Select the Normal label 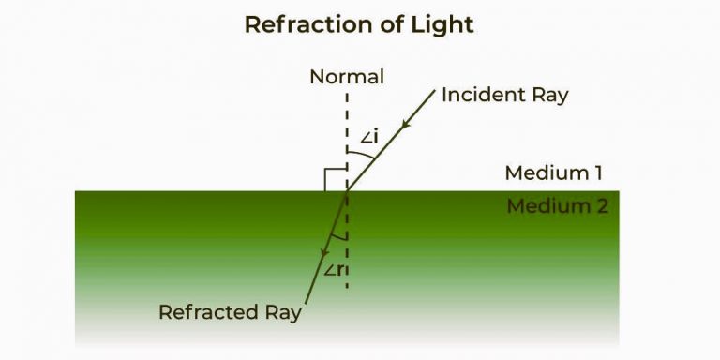[x=347, y=77]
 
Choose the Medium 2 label [x=557, y=206]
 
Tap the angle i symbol [x=368, y=139]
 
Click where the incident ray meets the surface [x=348, y=190]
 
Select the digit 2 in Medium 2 [x=602, y=206]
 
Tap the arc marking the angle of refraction [x=339, y=236]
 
